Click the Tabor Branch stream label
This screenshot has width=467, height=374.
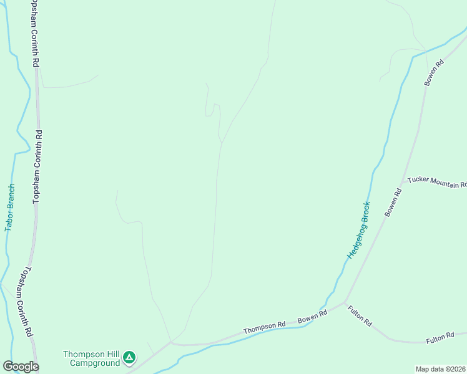click(x=9, y=208)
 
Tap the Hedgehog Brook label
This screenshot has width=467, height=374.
click(x=359, y=230)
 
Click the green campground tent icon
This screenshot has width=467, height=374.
click(x=129, y=358)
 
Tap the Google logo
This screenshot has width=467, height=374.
click(x=21, y=367)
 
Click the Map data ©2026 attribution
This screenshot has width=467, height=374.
click(x=441, y=369)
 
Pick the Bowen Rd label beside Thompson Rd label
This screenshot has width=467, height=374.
click(x=312, y=317)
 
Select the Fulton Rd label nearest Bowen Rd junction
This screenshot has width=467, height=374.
click(x=360, y=315)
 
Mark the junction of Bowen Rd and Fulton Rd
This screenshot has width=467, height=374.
click(x=345, y=303)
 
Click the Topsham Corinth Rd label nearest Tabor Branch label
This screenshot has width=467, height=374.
click(x=39, y=167)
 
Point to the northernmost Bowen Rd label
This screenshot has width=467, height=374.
click(x=434, y=72)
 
